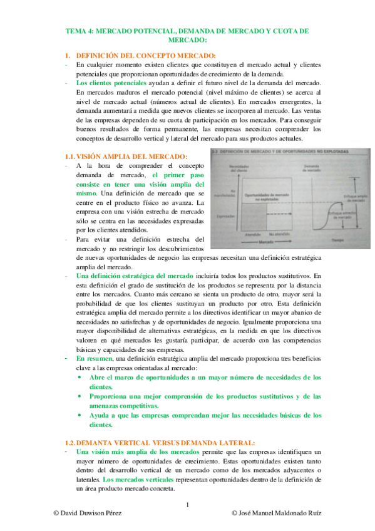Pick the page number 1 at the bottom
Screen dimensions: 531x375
[187, 505]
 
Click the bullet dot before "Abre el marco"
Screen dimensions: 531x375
[78, 378]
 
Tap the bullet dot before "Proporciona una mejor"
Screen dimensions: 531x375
[78, 396]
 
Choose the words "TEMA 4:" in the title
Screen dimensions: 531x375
[81, 31]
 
